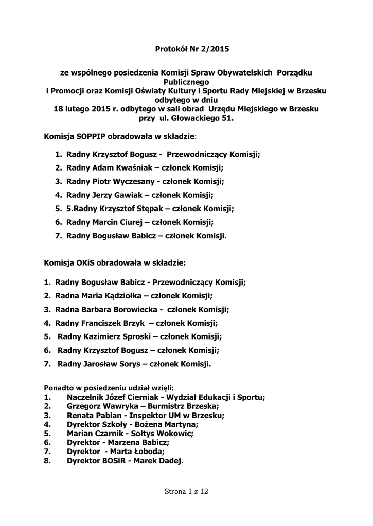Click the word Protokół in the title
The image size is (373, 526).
click(171, 50)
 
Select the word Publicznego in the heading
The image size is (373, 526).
click(186, 82)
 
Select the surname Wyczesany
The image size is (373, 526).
click(130, 181)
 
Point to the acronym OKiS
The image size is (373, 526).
click(85, 262)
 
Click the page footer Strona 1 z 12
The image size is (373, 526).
click(186, 492)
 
